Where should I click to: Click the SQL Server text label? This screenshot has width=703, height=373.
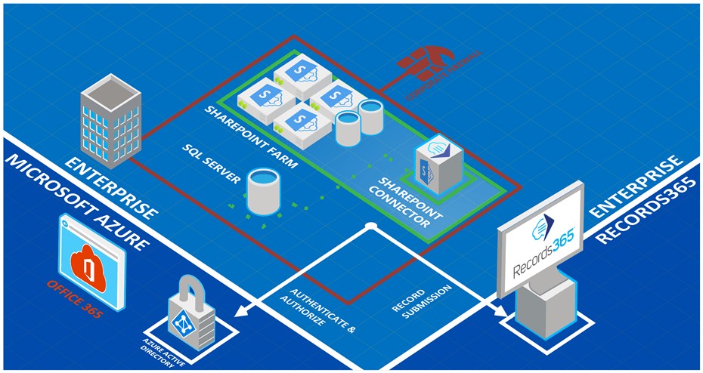click(x=211, y=162)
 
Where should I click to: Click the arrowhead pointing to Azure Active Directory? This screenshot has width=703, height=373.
click(x=240, y=311)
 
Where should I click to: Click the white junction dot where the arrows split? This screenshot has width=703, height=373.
click(x=370, y=227)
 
